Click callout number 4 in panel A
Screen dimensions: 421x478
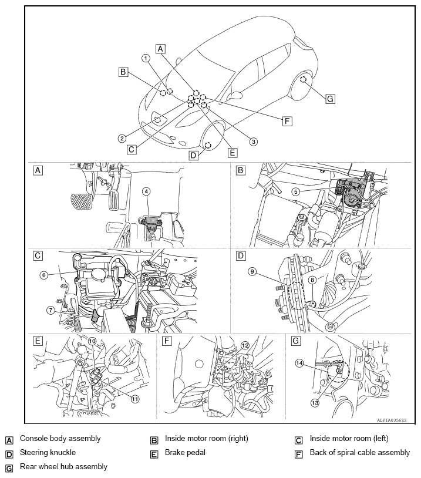146,191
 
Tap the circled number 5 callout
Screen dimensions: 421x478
295,191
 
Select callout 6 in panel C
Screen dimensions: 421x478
43,275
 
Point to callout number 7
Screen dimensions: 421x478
50,310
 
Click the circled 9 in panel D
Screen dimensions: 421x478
252,271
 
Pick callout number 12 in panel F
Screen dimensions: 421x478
245,345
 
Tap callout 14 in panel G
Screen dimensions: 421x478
299,363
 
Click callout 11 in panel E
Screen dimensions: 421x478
135,399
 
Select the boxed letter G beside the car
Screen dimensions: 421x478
330,99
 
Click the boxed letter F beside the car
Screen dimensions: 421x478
287,121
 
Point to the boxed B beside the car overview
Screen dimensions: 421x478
123,72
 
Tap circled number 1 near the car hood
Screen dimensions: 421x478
146,58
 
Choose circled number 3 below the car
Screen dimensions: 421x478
253,142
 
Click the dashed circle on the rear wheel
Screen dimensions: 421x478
303,80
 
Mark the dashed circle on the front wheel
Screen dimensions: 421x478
208,146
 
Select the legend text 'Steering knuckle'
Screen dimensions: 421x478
48,452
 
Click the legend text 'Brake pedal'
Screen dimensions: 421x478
185,452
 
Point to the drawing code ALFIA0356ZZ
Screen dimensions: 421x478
392,420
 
